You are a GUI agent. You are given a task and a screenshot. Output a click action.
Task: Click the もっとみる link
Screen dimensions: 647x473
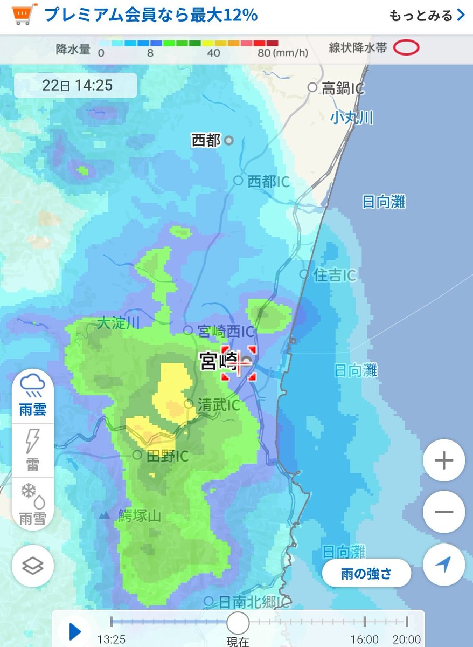(426, 15)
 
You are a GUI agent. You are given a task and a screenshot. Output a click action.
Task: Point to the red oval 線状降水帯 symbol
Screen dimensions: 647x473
(406, 49)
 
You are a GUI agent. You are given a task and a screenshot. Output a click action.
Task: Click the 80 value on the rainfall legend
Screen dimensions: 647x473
(264, 53)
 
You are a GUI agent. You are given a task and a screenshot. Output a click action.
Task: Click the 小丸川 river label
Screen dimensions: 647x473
(352, 118)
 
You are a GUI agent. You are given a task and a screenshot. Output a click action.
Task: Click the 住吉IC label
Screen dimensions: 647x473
(334, 275)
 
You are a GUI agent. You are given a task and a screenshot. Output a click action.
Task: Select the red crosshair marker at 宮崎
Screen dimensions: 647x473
(238, 363)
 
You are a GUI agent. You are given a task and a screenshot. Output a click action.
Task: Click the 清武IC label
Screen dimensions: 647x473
(218, 405)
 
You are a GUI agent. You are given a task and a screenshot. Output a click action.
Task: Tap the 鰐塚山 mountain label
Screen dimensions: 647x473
(139, 516)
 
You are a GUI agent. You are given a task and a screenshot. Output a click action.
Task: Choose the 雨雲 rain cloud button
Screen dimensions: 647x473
(33, 396)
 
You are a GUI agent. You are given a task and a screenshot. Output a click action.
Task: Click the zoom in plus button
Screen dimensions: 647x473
(443, 461)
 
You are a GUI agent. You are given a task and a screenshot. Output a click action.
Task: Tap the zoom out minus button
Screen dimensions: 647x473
(443, 512)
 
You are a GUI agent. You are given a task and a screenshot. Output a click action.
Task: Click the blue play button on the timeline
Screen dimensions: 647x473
(75, 631)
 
